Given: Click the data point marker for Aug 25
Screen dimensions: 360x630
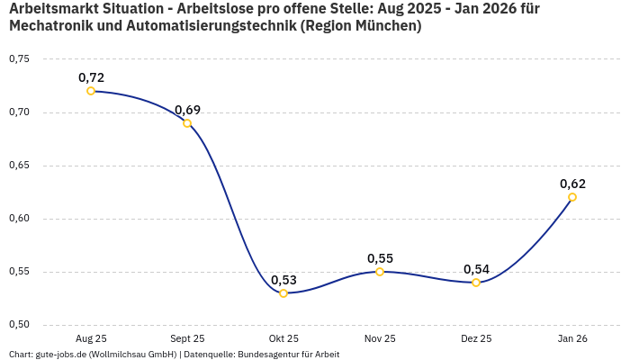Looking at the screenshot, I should [91, 91].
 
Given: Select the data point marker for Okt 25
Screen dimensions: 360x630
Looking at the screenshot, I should [283, 293].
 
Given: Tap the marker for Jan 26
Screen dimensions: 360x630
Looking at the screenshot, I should [572, 197].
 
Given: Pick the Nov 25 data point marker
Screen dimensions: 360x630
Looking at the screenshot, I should [380, 272].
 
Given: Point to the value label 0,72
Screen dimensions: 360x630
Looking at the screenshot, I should [91, 77].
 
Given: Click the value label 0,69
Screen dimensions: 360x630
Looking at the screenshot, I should [187, 110].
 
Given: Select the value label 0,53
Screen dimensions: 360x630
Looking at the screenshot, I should [283, 280].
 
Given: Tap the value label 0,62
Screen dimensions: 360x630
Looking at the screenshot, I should [572, 184].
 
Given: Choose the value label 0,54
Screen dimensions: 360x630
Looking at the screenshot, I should [476, 269].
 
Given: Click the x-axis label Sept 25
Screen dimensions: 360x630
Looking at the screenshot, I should [187, 338].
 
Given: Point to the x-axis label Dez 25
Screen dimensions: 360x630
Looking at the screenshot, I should [476, 338].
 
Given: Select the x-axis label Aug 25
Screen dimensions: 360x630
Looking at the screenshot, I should [91, 338].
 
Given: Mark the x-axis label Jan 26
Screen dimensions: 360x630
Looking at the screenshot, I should [572, 338].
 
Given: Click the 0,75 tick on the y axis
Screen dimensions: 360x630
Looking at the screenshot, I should [19, 59].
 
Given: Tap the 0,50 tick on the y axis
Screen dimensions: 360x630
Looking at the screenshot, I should [19, 325].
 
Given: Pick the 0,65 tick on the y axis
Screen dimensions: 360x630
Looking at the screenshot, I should [19, 166].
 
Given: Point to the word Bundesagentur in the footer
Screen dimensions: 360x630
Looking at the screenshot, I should [267, 354].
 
